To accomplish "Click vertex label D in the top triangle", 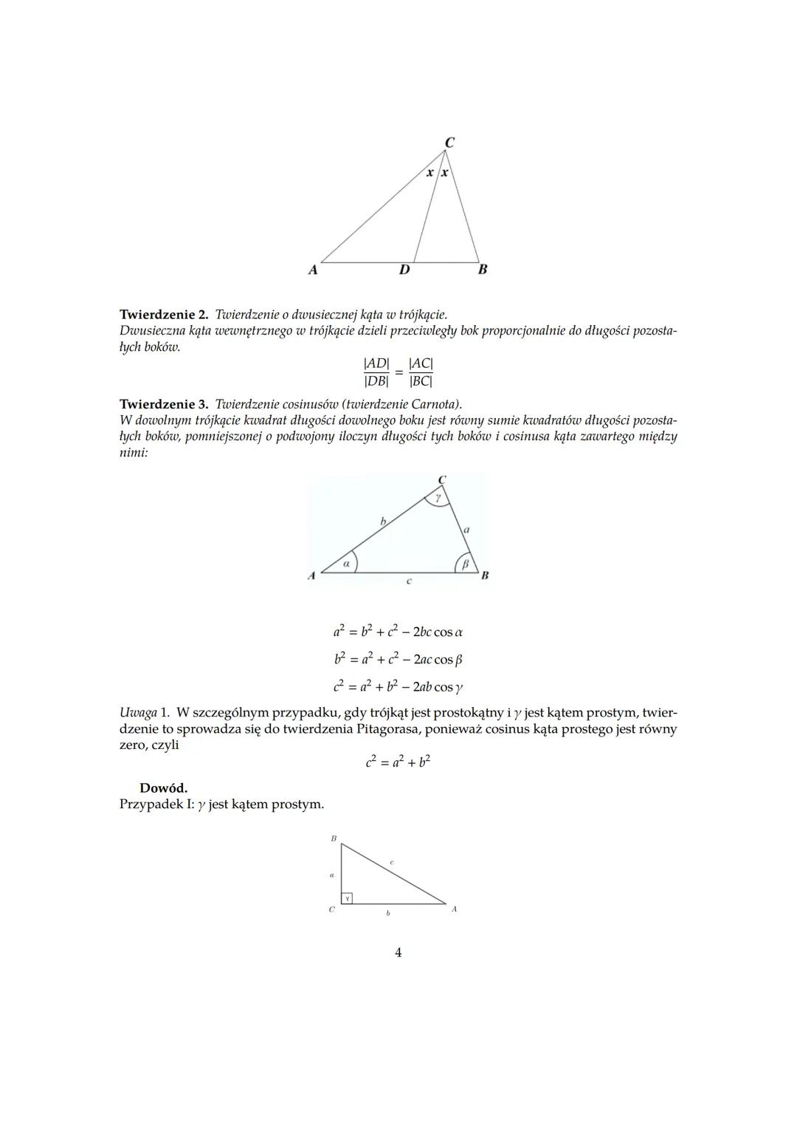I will click(x=404, y=270).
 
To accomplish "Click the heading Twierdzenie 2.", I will click(x=164, y=315).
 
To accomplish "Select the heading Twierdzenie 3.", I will click(x=164, y=404).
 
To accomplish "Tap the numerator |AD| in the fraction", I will click(x=376, y=363).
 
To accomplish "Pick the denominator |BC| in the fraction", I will click(x=421, y=381).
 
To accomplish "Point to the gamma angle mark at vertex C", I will click(x=438, y=499).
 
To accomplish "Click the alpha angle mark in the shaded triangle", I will click(x=346, y=563).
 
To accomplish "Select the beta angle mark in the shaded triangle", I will click(x=465, y=564).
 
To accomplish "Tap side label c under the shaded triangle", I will click(x=409, y=581).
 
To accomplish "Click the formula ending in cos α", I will click(x=398, y=632).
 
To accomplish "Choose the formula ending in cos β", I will click(x=398, y=660).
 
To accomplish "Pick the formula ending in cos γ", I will click(x=398, y=687).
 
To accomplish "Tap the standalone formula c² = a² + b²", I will click(x=398, y=762).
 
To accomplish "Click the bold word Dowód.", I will click(x=163, y=788).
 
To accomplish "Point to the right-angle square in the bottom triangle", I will click(x=347, y=898).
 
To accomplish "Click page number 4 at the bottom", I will click(x=398, y=953).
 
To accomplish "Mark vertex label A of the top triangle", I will click(x=313, y=270).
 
